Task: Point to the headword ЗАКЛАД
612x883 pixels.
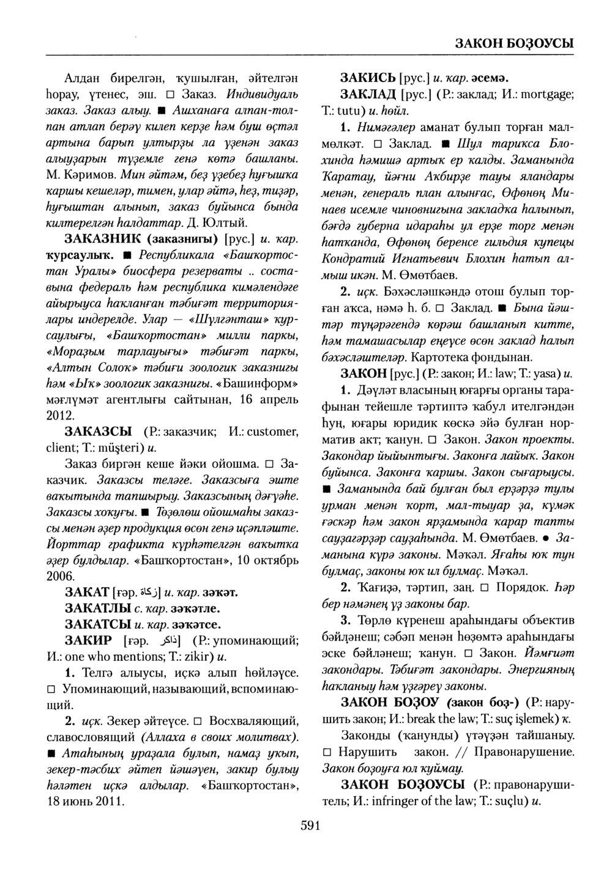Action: pos(367,96)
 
